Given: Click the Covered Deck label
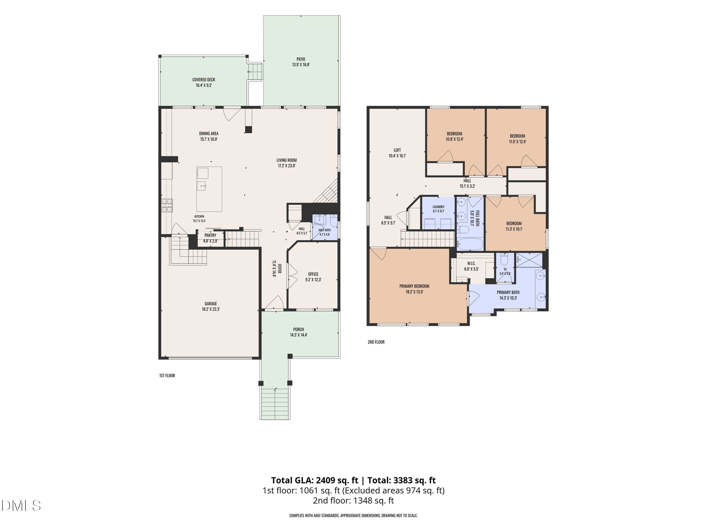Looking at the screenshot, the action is click(x=204, y=80).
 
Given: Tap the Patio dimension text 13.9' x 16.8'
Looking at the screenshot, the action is click(x=301, y=65).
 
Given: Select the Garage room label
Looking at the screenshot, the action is click(x=211, y=303).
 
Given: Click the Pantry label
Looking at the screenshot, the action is click(x=210, y=235).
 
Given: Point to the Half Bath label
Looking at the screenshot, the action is click(x=325, y=230).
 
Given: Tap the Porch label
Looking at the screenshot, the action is click(x=299, y=329).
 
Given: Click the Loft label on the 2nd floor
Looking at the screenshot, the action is click(x=397, y=150).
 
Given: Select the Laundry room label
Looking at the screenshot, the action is click(x=439, y=207).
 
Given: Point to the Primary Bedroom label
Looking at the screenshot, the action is click(x=414, y=286).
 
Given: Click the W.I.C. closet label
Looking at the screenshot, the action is click(x=471, y=263).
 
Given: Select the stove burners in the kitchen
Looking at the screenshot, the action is click(x=167, y=205).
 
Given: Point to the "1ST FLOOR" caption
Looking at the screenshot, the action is click(x=167, y=375).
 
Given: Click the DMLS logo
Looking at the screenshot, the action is click(x=21, y=506).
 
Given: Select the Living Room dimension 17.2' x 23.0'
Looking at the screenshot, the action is click(x=287, y=166).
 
